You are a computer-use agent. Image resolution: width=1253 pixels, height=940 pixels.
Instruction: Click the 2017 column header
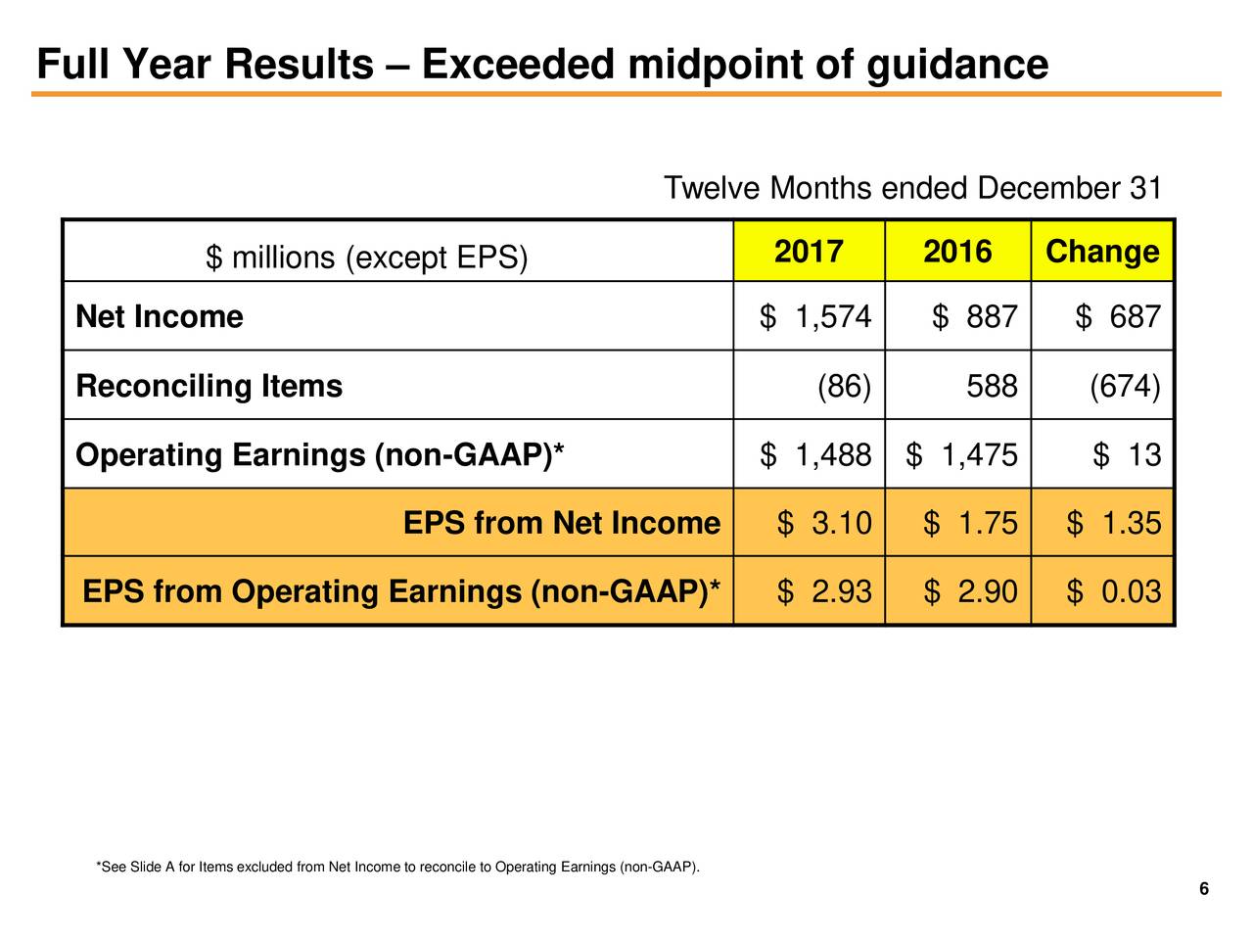[x=809, y=253]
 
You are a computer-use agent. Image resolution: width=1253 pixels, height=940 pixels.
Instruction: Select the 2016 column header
[x=957, y=253]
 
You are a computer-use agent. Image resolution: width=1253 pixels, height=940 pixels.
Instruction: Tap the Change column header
[x=1102, y=253]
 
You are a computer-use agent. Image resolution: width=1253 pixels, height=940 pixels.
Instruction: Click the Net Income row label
[x=160, y=317]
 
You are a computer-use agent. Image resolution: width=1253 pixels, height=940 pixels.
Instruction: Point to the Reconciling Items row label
[x=209, y=387]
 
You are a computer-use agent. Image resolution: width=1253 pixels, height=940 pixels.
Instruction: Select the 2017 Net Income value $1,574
[x=815, y=317]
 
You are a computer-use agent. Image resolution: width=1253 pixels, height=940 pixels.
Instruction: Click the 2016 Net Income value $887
[x=975, y=317]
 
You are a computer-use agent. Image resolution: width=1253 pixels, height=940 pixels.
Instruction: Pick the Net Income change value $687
[x=1118, y=317]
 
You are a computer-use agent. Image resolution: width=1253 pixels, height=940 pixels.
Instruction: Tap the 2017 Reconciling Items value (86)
[x=844, y=387]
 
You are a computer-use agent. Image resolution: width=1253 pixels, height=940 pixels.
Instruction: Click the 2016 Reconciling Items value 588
[x=992, y=387]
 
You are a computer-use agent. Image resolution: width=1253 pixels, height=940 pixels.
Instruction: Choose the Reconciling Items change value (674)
[x=1126, y=387]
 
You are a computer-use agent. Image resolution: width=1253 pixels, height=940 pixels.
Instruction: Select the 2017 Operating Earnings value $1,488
[x=815, y=455]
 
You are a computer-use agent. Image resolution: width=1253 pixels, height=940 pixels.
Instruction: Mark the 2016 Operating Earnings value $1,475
[x=962, y=455]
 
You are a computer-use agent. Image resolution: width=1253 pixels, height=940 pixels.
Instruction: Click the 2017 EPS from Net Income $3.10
[x=824, y=524]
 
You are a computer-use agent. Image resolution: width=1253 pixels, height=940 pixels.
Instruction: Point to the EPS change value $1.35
[x=1114, y=524]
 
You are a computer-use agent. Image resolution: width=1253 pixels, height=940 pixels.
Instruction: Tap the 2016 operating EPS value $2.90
[x=970, y=592]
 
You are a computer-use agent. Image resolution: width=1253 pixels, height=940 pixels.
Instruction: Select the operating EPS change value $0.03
[x=1114, y=592]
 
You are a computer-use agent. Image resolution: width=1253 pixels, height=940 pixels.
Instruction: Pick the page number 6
[x=1203, y=889]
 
